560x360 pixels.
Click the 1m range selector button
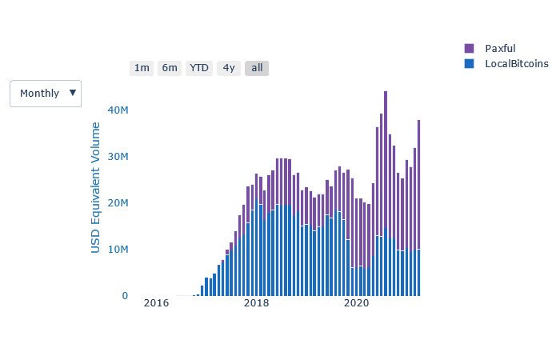(x=142, y=68)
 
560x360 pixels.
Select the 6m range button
(x=170, y=68)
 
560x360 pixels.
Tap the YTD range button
(x=199, y=68)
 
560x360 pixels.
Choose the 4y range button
(x=229, y=68)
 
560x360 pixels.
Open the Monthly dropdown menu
(x=40, y=94)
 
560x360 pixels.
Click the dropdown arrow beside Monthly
(x=73, y=93)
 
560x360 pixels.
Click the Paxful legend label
(x=500, y=49)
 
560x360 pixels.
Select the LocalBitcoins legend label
(x=516, y=64)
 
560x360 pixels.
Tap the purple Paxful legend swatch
(x=470, y=49)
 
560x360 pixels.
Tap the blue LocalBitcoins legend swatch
(x=470, y=64)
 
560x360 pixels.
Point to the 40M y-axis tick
(x=118, y=110)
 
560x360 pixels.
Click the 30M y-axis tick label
(x=118, y=156)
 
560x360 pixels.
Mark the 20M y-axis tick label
(x=118, y=203)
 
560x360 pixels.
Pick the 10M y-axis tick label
(x=118, y=250)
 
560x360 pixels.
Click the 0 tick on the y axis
(x=124, y=296)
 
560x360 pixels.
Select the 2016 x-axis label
(x=156, y=303)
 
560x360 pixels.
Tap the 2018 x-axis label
(x=256, y=303)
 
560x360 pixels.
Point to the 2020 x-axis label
(x=356, y=303)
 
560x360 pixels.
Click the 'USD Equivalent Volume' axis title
(x=96, y=188)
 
